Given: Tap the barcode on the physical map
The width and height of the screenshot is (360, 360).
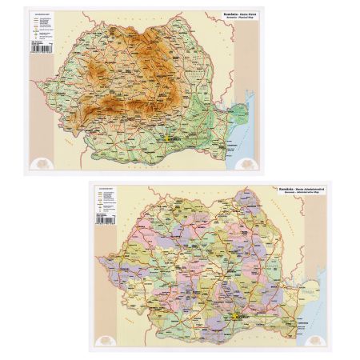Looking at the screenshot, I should pos(39,50).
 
